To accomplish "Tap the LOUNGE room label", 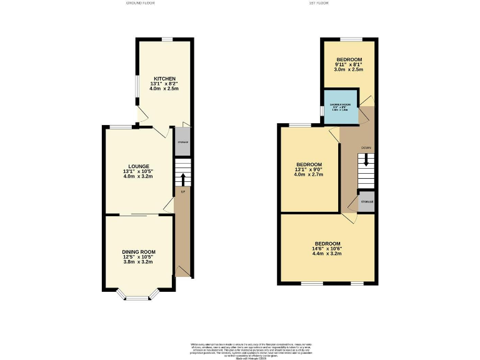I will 139,166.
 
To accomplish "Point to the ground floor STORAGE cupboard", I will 182,142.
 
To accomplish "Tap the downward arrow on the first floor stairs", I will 366,160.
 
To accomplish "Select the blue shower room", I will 341,107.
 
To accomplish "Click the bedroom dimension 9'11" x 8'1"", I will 348,65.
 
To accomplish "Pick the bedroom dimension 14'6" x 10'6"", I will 327,249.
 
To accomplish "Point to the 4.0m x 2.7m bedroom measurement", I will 310,174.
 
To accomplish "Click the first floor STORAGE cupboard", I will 366,202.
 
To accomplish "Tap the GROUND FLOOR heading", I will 140,3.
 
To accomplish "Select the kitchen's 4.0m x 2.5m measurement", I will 164,89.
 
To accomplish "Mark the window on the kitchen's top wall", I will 167,39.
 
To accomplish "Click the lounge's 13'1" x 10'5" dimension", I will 139,171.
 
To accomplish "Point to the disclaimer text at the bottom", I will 239,350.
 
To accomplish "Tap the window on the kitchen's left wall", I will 139,87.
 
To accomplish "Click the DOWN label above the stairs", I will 366,148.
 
